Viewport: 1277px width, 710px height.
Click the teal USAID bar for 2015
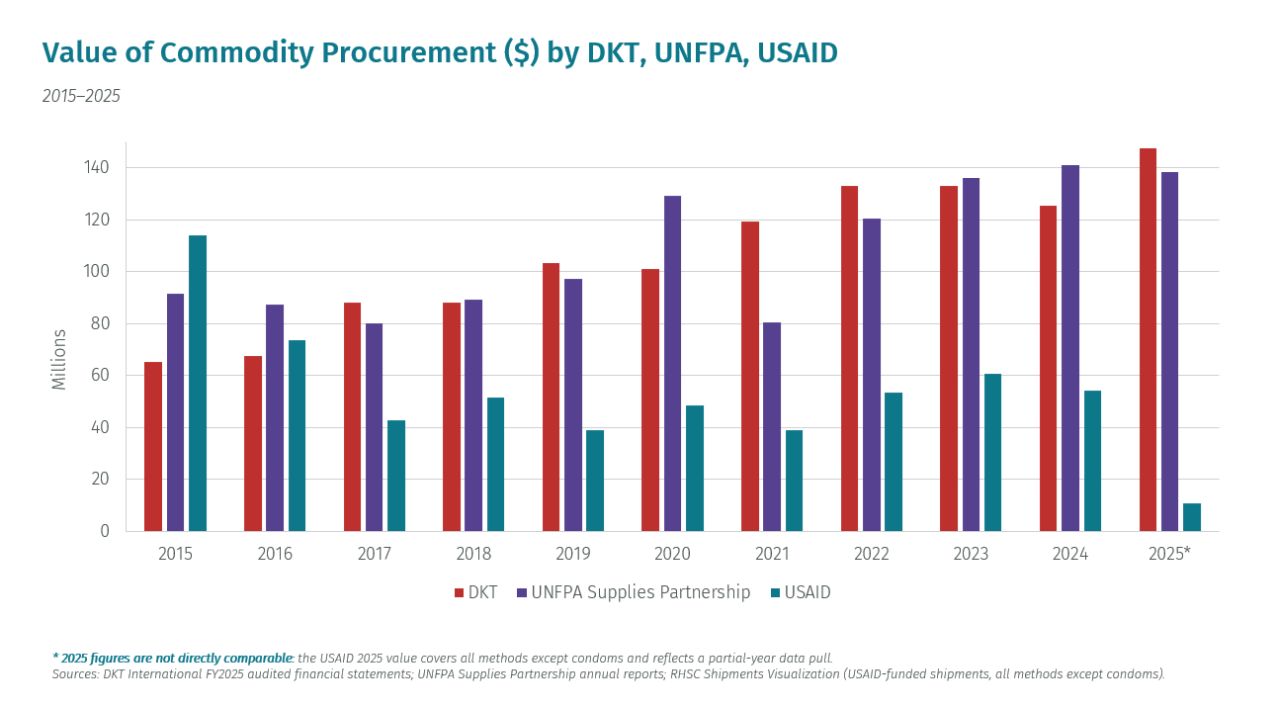198,384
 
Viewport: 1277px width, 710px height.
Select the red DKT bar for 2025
1148,340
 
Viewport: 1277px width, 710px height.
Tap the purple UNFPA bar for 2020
673,364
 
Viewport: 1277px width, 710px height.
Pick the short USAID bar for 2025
1191,517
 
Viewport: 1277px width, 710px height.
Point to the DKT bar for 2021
750,377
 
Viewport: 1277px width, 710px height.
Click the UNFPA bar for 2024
1070,348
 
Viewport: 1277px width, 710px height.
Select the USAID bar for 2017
396,477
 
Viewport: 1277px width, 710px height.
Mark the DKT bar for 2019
551,398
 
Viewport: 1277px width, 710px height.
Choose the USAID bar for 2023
992,453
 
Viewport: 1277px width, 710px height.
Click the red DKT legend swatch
459,593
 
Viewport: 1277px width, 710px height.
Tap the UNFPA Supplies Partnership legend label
640,592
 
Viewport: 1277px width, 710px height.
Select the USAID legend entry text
808,592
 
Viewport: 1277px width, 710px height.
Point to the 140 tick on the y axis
96,168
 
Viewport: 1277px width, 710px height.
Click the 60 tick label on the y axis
100,375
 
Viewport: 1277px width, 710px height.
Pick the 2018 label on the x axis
473,554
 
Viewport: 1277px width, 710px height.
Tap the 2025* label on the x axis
1170,554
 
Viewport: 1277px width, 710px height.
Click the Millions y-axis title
58,360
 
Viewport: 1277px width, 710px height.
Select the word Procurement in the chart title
409,52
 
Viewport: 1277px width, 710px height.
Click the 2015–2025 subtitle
81,96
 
